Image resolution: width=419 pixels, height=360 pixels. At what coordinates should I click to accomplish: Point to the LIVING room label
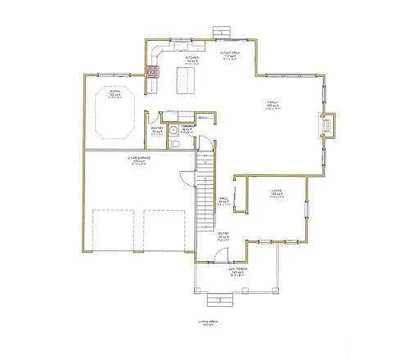277,193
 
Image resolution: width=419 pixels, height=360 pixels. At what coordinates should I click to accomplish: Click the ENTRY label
223,237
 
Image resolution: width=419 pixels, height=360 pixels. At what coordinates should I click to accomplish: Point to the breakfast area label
229,52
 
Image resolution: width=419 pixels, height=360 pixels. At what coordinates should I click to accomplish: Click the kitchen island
188,80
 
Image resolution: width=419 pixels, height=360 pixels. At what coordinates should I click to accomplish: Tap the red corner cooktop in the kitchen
153,70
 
